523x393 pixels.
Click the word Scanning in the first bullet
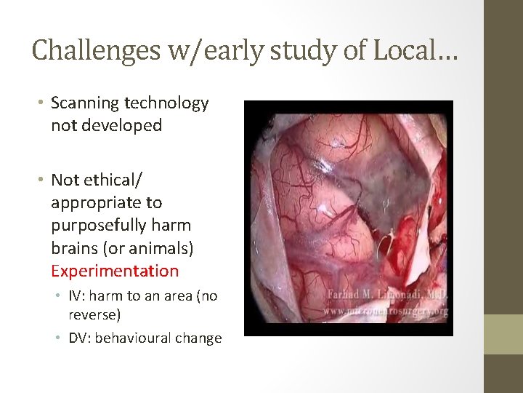coord(84,103)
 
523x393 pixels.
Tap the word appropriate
coord(106,202)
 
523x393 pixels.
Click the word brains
coord(76,248)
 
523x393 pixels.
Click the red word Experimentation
coord(115,271)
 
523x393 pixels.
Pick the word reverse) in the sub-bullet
coord(94,314)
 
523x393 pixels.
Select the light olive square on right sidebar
coord(503,334)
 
